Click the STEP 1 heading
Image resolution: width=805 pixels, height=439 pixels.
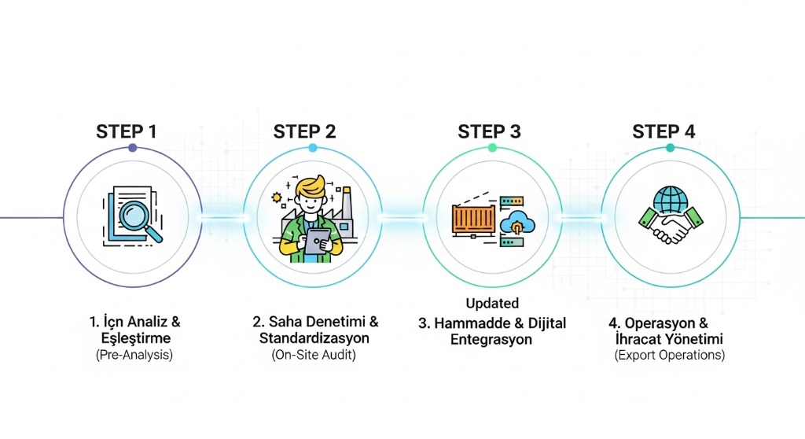[127, 131]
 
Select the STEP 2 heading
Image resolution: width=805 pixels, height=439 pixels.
[305, 131]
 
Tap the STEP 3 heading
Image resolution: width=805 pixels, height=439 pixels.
[490, 131]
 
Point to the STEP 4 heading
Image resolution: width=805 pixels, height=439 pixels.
[664, 131]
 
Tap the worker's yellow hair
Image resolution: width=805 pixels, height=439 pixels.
[310, 189]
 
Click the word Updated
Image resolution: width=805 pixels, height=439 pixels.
[492, 304]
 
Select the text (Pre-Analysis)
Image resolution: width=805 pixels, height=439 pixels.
[134, 355]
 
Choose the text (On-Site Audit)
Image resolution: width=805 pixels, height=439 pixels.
[314, 356]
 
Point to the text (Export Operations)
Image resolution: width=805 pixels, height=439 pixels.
[670, 356]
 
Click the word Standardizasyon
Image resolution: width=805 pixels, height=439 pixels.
[315, 339]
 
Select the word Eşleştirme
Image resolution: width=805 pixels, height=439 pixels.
[135, 338]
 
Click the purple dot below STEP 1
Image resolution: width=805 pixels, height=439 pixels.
[132, 148]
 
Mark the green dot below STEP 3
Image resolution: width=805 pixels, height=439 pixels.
[492, 148]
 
